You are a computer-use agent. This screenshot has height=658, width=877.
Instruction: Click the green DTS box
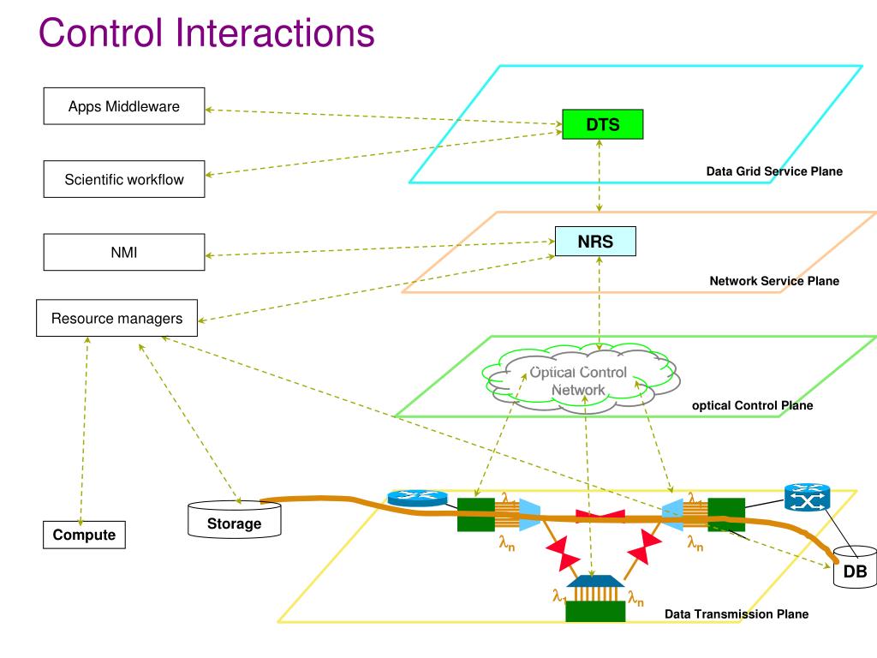tap(602, 124)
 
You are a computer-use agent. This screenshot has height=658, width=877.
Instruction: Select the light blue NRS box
tap(595, 241)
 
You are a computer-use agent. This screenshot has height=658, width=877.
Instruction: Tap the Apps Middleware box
tap(124, 105)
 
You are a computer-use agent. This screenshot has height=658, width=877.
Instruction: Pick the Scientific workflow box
tap(124, 179)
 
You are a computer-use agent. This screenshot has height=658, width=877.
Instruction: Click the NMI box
tap(124, 252)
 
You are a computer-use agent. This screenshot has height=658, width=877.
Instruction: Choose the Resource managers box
tap(116, 318)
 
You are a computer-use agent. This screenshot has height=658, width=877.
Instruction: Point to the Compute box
tap(85, 535)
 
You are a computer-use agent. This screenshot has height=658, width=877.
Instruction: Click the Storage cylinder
tap(235, 520)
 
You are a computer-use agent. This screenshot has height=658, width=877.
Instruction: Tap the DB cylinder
tap(856, 567)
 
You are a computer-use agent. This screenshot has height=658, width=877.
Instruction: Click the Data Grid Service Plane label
tap(774, 171)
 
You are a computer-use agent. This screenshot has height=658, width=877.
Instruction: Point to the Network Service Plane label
tap(774, 281)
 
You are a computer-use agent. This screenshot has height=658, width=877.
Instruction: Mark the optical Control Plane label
tap(752, 405)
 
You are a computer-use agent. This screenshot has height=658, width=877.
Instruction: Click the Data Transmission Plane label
tap(736, 613)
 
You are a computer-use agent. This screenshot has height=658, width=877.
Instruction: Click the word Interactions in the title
tap(275, 33)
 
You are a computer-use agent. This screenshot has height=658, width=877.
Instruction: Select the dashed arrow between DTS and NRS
tap(599, 175)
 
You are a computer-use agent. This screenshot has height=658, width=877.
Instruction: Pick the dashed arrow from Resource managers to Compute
tap(84, 431)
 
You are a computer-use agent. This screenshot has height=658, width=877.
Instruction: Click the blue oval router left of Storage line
tap(418, 498)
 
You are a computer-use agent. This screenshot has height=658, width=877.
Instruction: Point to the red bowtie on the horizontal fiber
tap(600, 516)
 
